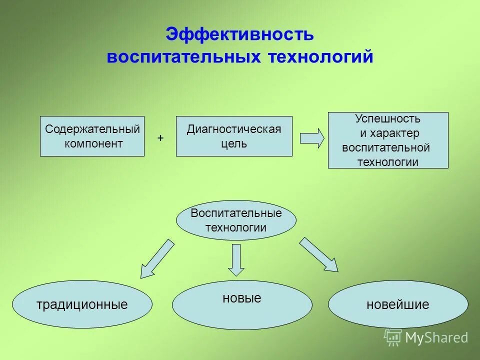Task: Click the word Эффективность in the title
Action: [239, 34]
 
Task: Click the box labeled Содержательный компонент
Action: [92, 136]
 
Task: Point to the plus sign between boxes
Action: [160, 137]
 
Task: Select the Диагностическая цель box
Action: [234, 136]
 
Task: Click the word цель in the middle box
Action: [234, 144]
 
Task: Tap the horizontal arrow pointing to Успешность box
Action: [312, 138]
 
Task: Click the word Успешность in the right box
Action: [387, 119]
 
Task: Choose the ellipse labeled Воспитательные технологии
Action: [236, 220]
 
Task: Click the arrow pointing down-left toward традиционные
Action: [157, 258]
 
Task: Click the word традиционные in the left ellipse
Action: [82, 304]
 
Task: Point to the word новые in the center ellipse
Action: [241, 298]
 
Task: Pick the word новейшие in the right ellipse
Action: [398, 304]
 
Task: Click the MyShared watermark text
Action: [436, 337]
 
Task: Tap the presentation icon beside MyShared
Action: [393, 337]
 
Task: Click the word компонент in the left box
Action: [93, 144]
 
